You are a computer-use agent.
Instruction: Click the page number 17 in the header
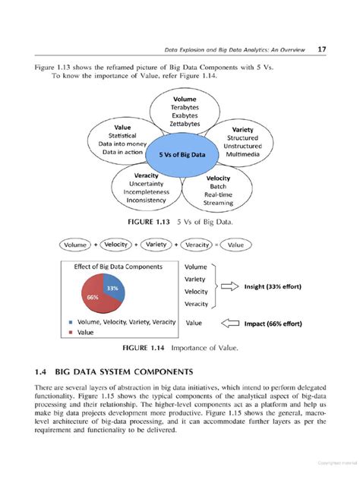[323, 49]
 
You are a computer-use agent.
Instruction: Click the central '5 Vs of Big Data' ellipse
[182, 154]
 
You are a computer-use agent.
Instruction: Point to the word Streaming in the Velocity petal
[218, 204]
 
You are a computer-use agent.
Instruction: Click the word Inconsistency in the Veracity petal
[145, 201]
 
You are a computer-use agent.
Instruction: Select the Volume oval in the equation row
[75, 245]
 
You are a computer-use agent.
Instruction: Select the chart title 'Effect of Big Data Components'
[118, 267]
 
